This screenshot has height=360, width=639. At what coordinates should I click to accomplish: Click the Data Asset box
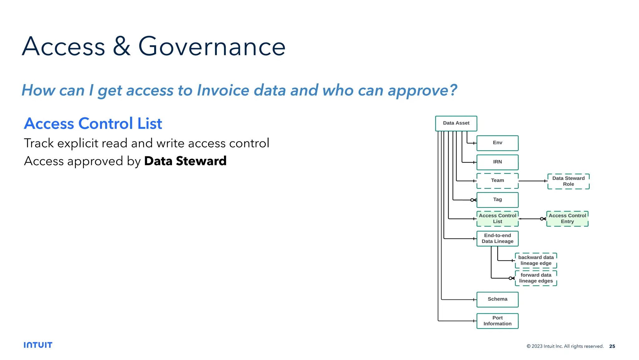456,123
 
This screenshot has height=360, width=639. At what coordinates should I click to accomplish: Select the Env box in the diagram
497,143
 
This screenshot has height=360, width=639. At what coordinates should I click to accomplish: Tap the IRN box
497,162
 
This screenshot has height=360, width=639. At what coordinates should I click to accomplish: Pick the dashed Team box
497,181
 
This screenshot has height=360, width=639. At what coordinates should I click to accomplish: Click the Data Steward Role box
568,181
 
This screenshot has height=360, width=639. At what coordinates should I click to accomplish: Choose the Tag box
497,200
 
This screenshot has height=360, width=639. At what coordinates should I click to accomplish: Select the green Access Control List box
497,219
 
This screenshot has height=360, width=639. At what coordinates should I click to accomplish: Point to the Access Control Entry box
567,219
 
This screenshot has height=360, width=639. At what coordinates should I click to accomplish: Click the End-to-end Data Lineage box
497,239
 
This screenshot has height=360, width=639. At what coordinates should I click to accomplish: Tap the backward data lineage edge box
536,260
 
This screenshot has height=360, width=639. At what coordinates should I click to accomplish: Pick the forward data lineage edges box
536,278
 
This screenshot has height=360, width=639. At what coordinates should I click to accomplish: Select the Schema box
497,299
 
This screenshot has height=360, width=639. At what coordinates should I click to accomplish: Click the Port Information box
497,321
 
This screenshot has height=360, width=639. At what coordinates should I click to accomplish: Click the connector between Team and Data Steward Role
532,181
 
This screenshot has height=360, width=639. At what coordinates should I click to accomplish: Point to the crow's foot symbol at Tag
473,200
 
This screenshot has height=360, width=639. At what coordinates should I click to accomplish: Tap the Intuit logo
38,345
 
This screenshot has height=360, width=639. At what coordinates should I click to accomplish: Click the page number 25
612,346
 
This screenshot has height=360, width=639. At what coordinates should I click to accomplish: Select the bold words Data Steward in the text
185,161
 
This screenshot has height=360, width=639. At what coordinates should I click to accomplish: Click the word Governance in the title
212,47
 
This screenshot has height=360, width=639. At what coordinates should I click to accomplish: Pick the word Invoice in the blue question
223,91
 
